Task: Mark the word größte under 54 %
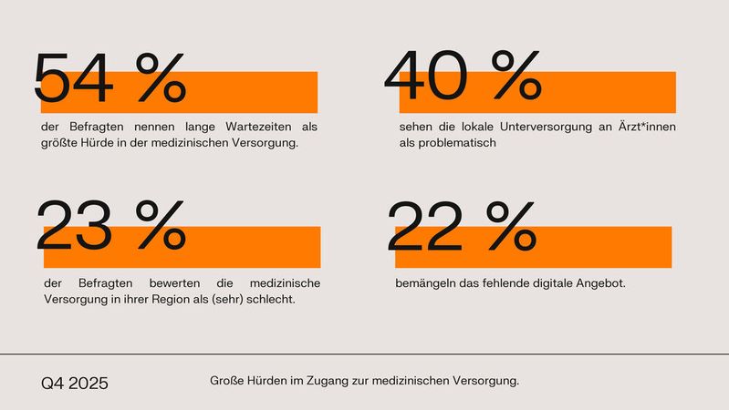(60, 143)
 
